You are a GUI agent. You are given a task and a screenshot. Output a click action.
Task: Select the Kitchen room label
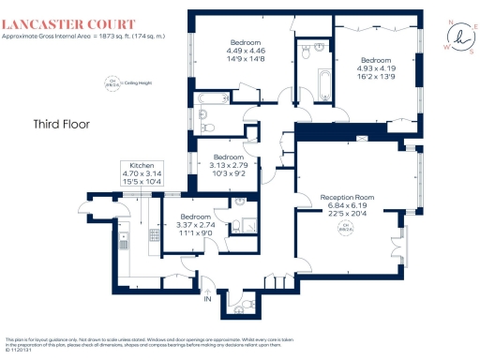point(141,164)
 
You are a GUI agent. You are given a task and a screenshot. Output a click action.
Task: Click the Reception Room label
point(348,197)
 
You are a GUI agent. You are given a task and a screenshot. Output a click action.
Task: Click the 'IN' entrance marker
point(208,299)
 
